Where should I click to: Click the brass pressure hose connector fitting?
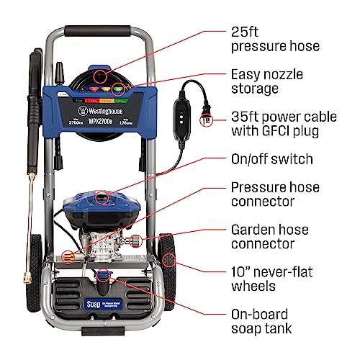pyautogui.click(x=68, y=254)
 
